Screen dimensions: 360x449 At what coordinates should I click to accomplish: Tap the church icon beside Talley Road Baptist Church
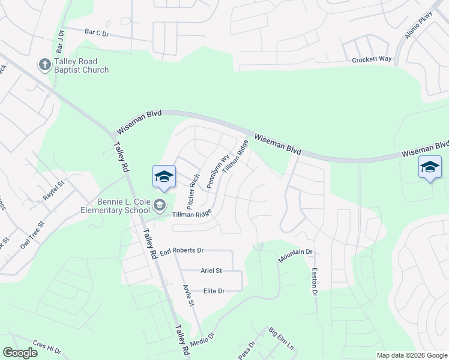(44, 64)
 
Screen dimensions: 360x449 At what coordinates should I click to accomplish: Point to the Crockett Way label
(372, 59)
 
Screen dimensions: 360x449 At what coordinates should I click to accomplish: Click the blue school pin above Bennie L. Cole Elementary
(164, 176)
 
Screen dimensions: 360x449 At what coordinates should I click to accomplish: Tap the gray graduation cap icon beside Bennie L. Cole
(160, 205)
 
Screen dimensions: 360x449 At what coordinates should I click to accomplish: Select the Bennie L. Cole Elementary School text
(116, 206)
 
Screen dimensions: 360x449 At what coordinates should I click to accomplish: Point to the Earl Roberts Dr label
(182, 250)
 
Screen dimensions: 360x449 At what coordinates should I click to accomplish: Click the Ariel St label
(211, 271)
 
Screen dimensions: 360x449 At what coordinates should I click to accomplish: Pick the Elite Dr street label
(213, 291)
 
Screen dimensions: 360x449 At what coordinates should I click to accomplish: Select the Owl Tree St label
(32, 235)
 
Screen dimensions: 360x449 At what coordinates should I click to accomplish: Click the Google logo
(20, 353)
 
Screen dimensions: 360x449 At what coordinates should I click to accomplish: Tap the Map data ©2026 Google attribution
(412, 355)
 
